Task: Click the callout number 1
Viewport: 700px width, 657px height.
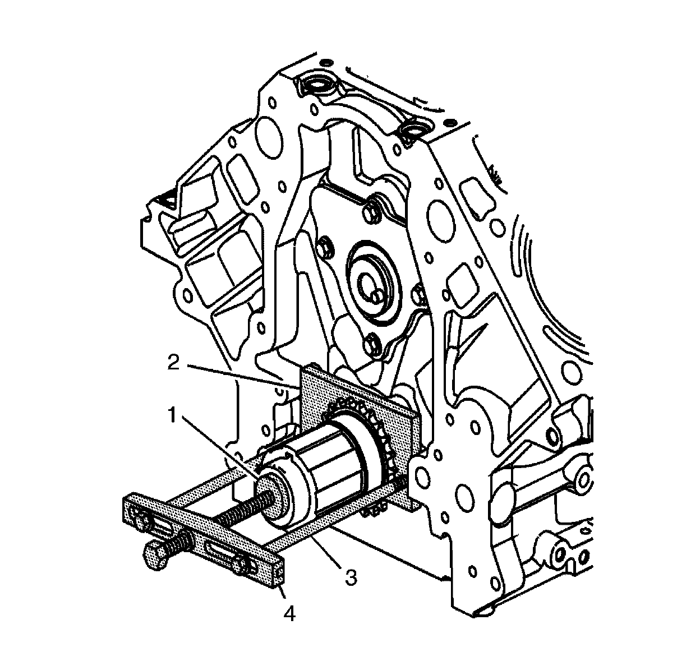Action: [172, 415]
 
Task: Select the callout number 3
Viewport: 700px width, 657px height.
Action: [351, 577]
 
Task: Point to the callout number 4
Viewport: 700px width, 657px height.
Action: [289, 614]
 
